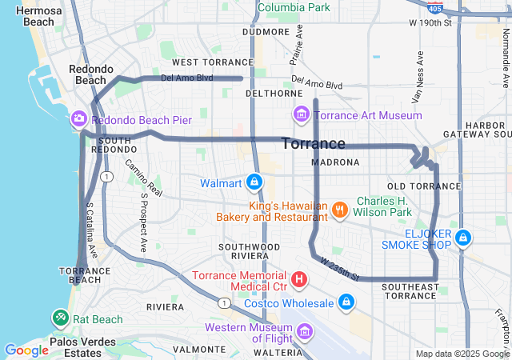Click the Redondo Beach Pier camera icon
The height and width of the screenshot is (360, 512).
[79, 119]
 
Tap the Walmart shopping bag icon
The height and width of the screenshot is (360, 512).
[254, 183]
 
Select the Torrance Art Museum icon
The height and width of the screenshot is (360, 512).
[301, 115]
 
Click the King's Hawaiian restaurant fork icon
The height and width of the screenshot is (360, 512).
[340, 210]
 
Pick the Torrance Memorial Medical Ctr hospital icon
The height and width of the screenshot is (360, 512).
[298, 279]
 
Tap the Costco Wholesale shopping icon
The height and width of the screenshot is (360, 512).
[346, 302]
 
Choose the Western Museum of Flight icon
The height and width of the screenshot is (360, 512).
[304, 330]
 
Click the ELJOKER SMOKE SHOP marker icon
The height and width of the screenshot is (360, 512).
[464, 238]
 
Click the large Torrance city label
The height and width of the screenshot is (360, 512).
[314, 144]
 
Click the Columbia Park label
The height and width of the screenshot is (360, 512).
[293, 6]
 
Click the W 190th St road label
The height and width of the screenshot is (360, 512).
[430, 22]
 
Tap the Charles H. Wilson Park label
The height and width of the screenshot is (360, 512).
[384, 206]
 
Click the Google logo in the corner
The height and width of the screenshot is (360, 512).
[26, 350]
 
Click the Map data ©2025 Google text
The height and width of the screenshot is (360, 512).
[462, 354]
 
